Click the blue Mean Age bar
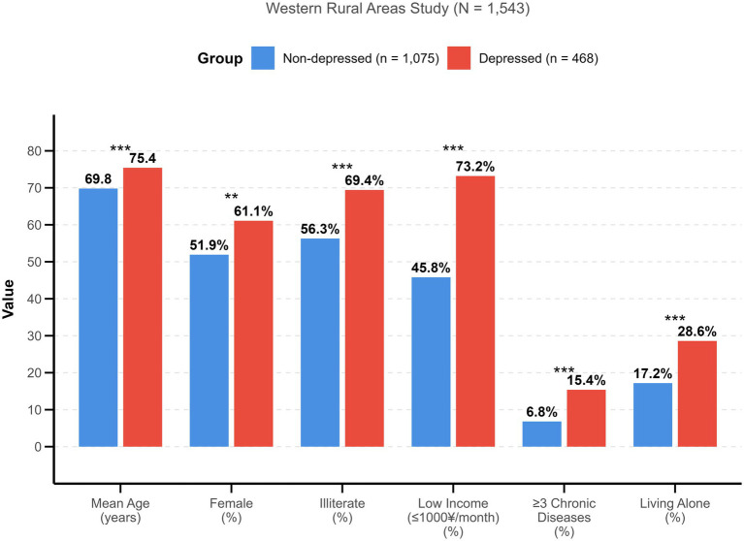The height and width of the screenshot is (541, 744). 98,318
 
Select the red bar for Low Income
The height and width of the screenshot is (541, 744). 475,311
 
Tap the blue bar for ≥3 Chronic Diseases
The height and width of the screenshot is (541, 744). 542,433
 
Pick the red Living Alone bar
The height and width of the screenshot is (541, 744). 697,394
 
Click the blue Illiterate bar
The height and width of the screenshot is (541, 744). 320,342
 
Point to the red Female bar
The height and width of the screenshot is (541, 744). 253,334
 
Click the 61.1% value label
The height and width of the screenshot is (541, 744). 253,211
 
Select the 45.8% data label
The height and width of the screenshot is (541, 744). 431,268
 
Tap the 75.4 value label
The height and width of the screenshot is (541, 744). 143,158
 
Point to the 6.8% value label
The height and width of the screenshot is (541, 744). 542,412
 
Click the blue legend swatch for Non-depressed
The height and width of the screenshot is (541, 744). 263,58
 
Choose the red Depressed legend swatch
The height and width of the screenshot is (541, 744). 459,58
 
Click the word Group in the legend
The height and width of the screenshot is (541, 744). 220,58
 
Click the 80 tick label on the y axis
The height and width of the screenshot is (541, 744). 35,151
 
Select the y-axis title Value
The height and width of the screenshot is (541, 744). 8,299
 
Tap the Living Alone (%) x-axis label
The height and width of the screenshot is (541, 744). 675,510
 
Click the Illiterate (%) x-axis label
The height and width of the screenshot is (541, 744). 342,510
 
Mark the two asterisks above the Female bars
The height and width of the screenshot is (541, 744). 232,196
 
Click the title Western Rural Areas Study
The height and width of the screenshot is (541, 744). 357,8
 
